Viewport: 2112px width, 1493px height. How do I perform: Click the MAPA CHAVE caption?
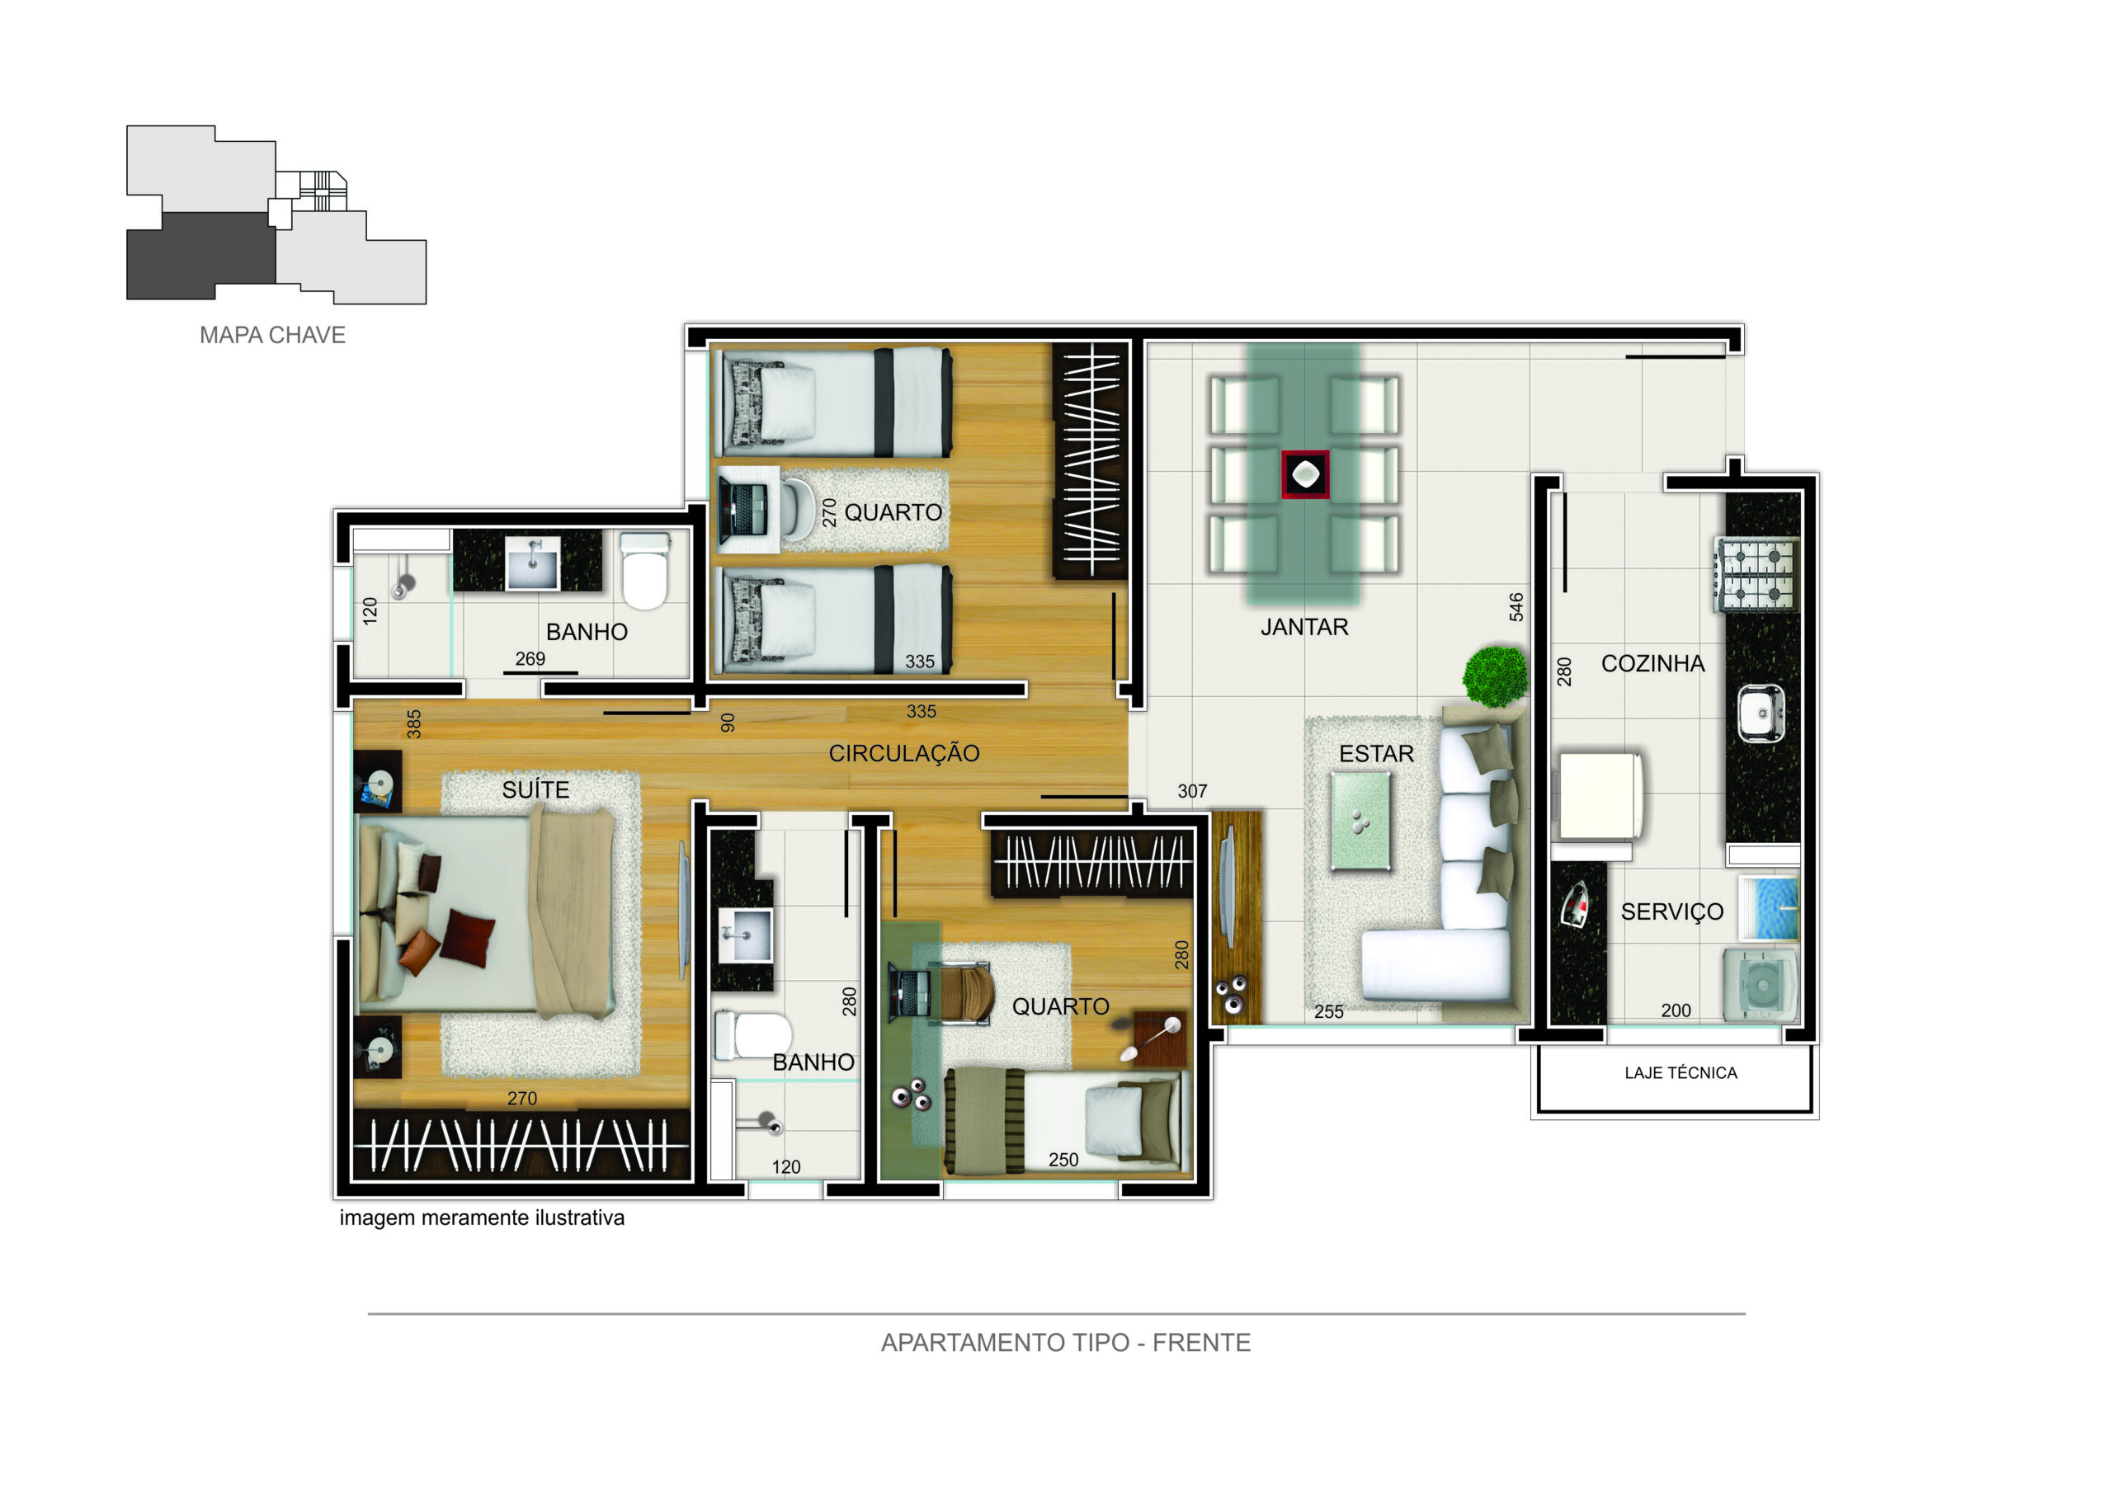(x=272, y=335)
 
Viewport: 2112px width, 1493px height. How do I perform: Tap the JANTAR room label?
(x=1303, y=628)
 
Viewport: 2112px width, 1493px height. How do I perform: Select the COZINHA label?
(x=1652, y=663)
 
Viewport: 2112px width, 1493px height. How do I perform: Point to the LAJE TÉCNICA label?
(x=1680, y=1072)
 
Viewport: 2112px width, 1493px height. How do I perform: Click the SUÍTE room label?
(x=535, y=789)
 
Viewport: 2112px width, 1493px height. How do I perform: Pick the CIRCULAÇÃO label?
(x=903, y=752)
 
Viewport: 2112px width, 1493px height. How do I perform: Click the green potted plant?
(x=1494, y=676)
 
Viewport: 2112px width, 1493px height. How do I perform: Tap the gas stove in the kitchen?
(x=1756, y=574)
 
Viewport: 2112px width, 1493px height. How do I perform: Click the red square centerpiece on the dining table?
(x=1304, y=474)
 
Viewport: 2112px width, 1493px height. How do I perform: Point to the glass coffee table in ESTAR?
(x=1360, y=821)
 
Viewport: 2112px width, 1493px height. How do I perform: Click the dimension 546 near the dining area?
(x=1516, y=607)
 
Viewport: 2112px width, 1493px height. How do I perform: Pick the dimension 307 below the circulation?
(x=1192, y=791)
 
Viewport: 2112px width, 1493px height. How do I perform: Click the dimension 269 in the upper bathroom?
(x=530, y=658)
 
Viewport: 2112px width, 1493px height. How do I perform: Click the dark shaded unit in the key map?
(x=200, y=256)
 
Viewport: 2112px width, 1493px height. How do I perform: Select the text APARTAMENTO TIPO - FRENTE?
(x=1065, y=1343)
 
